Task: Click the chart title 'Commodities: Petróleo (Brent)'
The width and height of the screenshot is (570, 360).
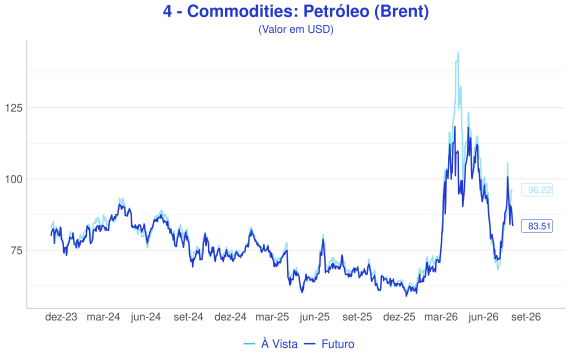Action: click(x=308, y=12)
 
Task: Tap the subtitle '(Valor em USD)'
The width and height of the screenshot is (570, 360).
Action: click(x=296, y=29)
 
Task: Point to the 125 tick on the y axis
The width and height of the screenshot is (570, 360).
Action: click(x=13, y=108)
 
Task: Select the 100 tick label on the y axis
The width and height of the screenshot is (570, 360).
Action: click(x=13, y=179)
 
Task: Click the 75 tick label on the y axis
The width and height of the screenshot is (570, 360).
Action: click(x=16, y=251)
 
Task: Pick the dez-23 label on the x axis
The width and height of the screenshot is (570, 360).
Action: click(x=61, y=317)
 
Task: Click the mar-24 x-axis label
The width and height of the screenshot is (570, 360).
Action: click(x=103, y=317)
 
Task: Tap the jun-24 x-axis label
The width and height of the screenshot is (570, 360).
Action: click(x=146, y=317)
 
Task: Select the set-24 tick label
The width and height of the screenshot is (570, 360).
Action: click(x=188, y=317)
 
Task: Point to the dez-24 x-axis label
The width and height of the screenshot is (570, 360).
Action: click(x=230, y=317)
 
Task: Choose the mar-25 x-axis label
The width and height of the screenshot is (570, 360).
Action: click(x=272, y=317)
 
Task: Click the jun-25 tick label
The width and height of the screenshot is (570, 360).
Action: click(x=315, y=317)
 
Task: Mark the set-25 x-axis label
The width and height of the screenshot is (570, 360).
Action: click(x=357, y=317)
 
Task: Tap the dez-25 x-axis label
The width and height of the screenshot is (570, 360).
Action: click(x=399, y=317)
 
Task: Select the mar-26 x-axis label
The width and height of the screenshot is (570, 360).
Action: click(x=441, y=317)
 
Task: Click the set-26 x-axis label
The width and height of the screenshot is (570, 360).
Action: click(x=526, y=317)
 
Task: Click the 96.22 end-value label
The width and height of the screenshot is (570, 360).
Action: click(x=537, y=190)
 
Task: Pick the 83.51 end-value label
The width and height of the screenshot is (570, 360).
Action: click(x=537, y=226)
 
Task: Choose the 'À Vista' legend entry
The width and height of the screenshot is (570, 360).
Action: click(x=270, y=344)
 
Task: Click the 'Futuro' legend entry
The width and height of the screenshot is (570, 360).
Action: click(x=329, y=344)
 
